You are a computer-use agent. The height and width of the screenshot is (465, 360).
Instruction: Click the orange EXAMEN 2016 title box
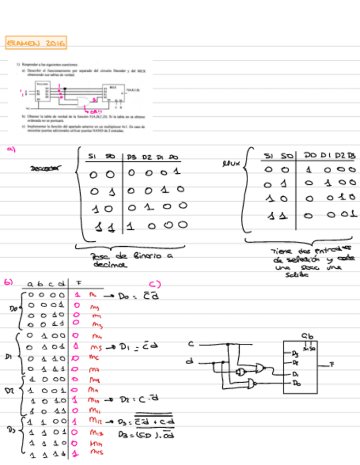(x=36, y=42)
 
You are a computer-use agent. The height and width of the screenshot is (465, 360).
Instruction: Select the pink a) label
(x=10, y=148)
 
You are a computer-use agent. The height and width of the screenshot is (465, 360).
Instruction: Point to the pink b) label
(x=8, y=282)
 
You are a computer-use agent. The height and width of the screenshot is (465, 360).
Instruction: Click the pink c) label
(x=155, y=283)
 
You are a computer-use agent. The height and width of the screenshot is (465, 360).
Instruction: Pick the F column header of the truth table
(x=79, y=283)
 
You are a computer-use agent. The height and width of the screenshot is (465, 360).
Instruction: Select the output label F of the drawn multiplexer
(x=332, y=364)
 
